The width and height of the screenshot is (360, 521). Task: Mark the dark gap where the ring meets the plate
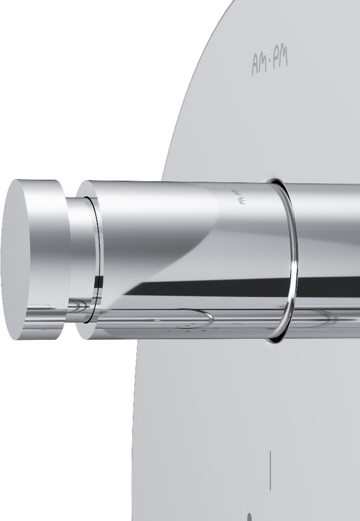click(x=277, y=179)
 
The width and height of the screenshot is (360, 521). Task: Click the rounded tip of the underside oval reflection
click(x=209, y=318)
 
